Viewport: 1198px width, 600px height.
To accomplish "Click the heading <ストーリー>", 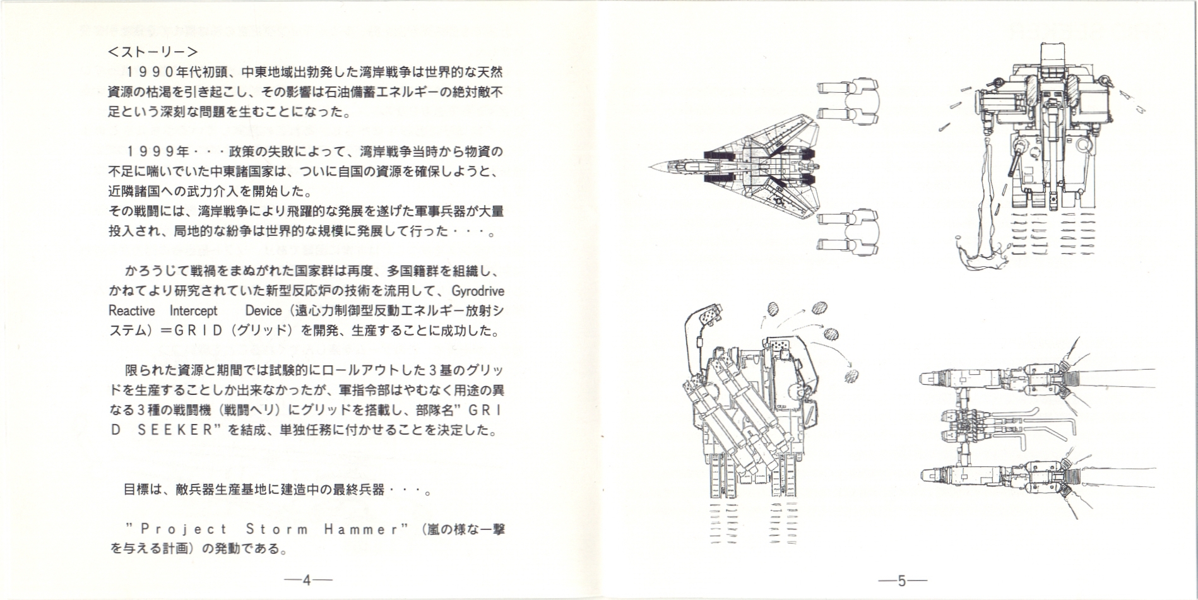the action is click(153, 51).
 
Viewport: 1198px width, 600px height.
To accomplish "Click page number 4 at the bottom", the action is click(307, 580).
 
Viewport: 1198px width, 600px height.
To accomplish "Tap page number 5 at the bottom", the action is click(902, 580).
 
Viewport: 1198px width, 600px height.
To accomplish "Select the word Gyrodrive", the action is click(478, 291).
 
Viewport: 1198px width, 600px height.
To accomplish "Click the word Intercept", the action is click(193, 311).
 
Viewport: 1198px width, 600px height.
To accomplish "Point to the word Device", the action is click(263, 311).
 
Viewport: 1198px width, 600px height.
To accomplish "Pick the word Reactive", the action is click(131, 311).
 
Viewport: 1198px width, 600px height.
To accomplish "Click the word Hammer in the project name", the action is click(362, 529).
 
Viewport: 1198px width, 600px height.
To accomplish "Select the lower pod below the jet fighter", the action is click(848, 233).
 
